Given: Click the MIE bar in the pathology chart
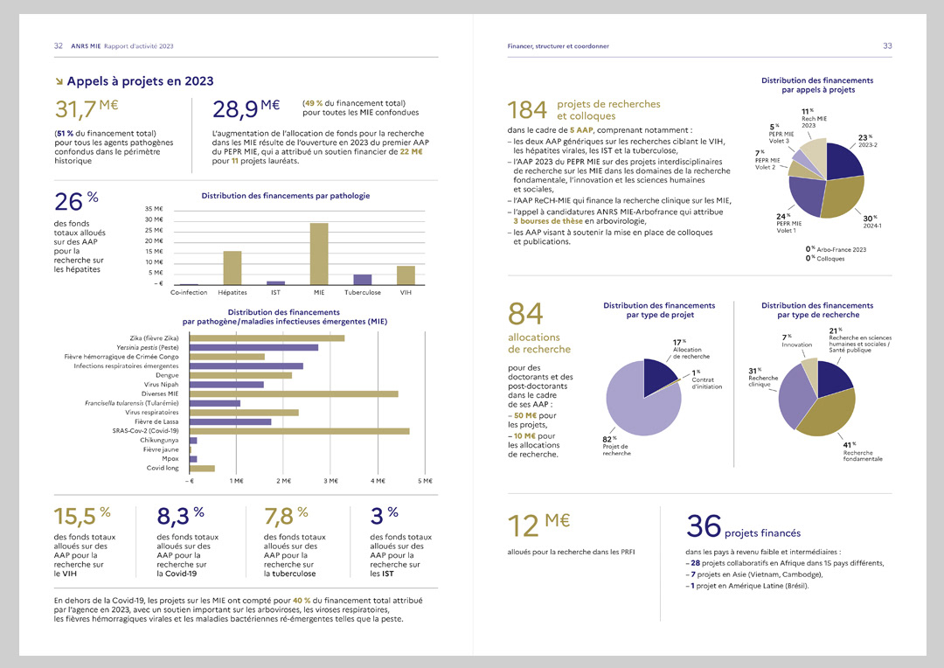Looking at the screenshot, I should pyautogui.click(x=319, y=254).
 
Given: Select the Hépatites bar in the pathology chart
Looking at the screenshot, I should pyautogui.click(x=233, y=268).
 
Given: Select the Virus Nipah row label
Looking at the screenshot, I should pyautogui.click(x=161, y=384).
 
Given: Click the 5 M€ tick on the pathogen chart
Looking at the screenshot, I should pyautogui.click(x=425, y=481).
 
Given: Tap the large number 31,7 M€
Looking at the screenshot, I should pyautogui.click(x=87, y=109).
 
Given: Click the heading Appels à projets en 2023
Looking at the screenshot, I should pyautogui.click(x=140, y=81).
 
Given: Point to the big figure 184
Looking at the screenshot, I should pyautogui.click(x=527, y=109).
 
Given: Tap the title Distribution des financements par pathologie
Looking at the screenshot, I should pyautogui.click(x=285, y=196).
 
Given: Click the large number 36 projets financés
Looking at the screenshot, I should pyautogui.click(x=704, y=526).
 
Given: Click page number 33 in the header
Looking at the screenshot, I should pyautogui.click(x=886, y=45).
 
